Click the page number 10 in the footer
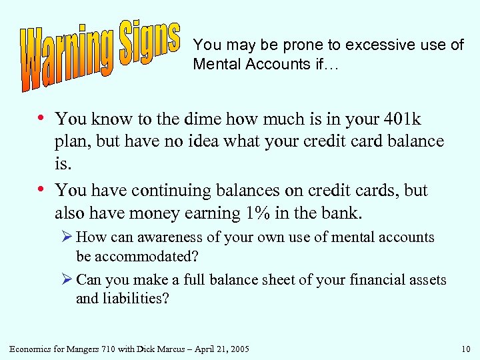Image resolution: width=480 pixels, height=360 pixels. coord(465,349)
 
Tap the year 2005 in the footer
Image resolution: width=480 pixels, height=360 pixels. coord(237,349)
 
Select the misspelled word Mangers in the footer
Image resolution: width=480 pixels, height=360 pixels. coord(72,349)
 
